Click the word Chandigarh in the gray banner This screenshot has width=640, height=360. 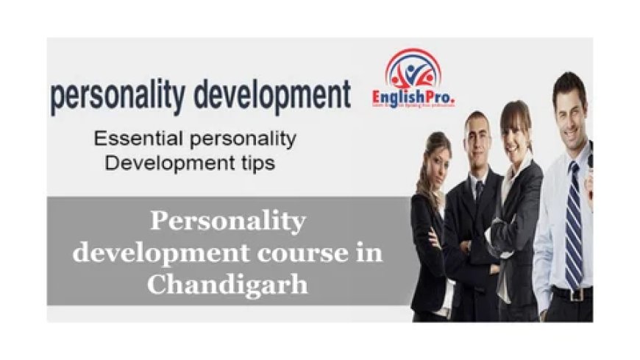[x=227, y=284]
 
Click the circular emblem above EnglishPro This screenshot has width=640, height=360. [x=412, y=70]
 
